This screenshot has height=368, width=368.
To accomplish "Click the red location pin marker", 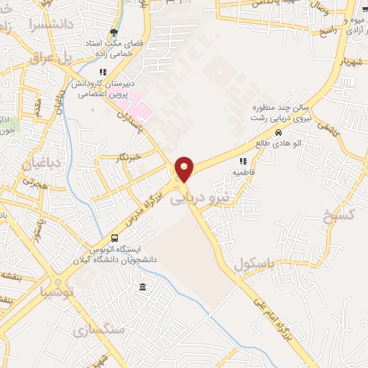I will pos(185,169).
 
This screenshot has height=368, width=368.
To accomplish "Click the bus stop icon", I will pos(115,239).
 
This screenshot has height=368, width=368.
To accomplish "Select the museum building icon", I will pos(142,287).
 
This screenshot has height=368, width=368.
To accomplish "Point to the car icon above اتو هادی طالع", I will pos(277,132).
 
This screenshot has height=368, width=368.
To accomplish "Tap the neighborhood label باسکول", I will pos(254,264).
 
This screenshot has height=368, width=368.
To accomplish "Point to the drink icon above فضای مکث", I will pos(114,32).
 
